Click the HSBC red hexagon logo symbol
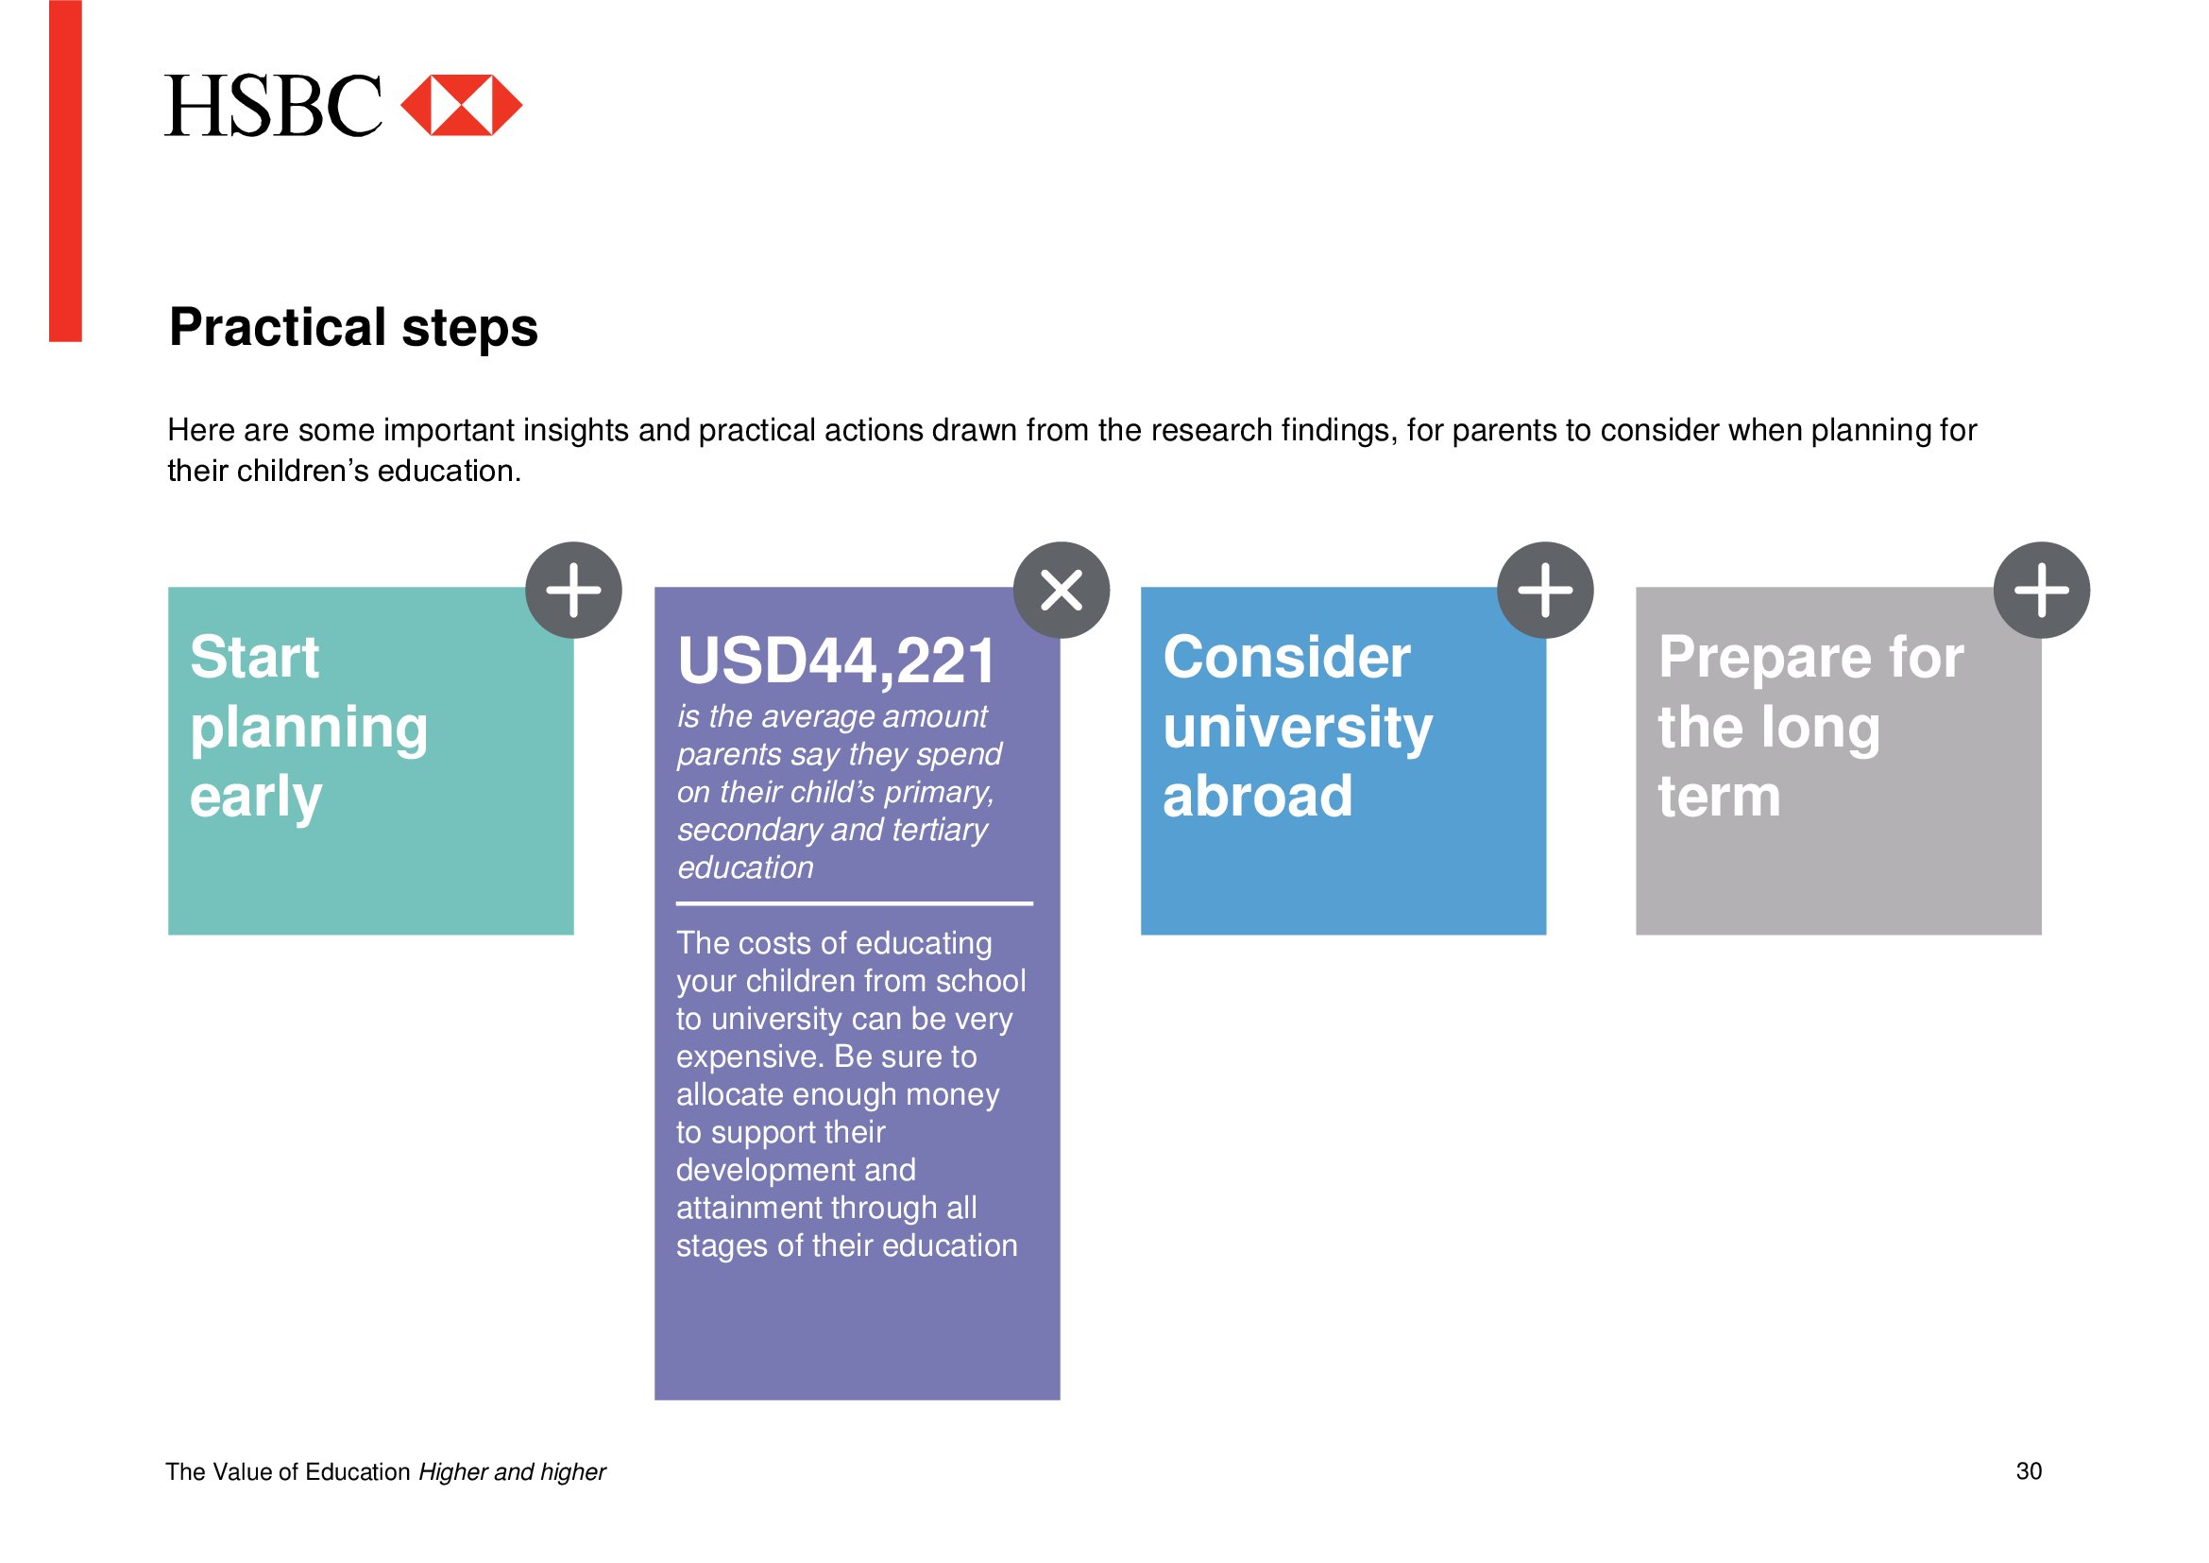click(461, 105)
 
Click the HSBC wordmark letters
click(273, 105)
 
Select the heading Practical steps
click(353, 327)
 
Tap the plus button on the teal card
click(573, 590)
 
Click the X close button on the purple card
click(1062, 590)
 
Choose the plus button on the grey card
click(2042, 590)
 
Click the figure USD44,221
click(837, 662)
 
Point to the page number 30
click(2029, 1470)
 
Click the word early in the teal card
click(256, 798)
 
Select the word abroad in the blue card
click(1257, 797)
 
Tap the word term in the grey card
click(1718, 798)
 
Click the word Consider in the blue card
click(1286, 658)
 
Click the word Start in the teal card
click(254, 658)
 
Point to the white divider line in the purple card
click(855, 903)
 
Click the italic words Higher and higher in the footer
click(512, 1471)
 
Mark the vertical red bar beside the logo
click(65, 170)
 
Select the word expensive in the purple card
click(747, 1056)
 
